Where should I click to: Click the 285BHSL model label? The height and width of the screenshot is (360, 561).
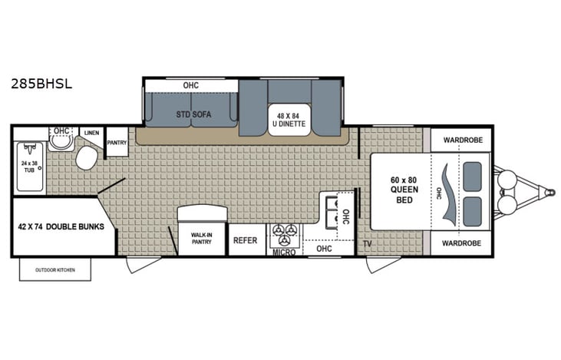pyautogui.click(x=42, y=85)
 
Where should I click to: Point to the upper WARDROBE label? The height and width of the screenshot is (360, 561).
pyautogui.click(x=460, y=140)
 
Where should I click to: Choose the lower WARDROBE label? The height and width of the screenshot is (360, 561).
pyautogui.click(x=460, y=243)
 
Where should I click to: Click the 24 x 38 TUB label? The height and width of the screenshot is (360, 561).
pyautogui.click(x=30, y=168)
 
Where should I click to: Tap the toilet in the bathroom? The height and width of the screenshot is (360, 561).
pyautogui.click(x=85, y=158)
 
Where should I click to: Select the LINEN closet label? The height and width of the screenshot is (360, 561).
pyautogui.click(x=91, y=133)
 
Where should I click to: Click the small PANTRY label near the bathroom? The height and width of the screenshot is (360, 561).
pyautogui.click(x=117, y=142)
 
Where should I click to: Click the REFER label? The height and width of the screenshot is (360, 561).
pyautogui.click(x=245, y=240)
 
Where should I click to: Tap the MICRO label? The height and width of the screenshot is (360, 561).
pyautogui.click(x=283, y=250)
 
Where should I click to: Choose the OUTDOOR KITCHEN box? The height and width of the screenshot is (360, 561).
pyautogui.click(x=54, y=269)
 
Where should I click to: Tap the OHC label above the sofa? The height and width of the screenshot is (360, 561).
pyautogui.click(x=191, y=84)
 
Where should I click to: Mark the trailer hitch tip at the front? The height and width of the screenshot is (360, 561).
pyautogui.click(x=549, y=190)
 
